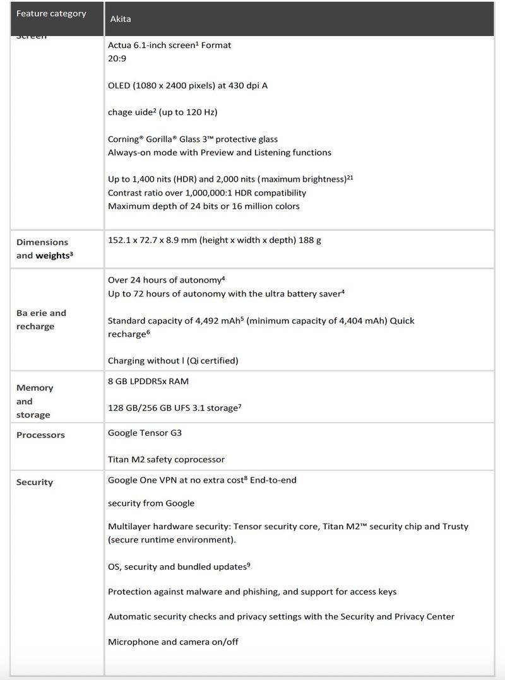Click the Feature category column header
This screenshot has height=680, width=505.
[51, 14]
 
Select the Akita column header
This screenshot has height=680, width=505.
[120, 19]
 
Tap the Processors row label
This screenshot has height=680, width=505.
[40, 435]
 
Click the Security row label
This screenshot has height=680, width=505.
[35, 482]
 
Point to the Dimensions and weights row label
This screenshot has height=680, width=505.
[42, 249]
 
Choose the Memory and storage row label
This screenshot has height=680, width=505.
[35, 401]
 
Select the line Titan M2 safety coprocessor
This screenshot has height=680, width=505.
[166, 459]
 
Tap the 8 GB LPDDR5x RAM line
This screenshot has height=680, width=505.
[148, 381]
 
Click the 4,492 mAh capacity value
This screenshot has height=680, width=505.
[218, 320]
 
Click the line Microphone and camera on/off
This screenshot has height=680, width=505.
[173, 642]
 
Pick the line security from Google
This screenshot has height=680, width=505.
[151, 503]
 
